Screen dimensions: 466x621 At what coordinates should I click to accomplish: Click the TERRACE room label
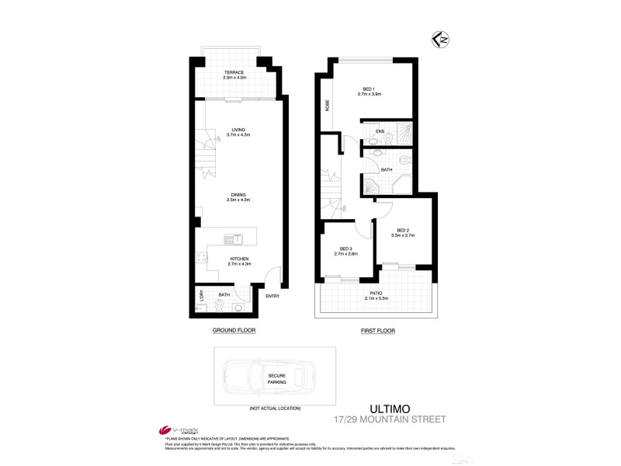pos(234,72)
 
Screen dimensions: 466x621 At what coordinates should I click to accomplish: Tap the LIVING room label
pos(234,130)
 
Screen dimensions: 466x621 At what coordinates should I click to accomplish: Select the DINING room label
pos(234,195)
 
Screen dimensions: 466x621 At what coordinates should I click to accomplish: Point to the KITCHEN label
pos(238,259)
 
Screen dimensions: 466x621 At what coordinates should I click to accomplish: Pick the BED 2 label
pos(402,230)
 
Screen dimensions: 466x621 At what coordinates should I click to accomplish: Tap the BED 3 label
pos(345,249)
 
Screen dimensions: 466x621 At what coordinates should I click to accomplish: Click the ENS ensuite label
pos(380,131)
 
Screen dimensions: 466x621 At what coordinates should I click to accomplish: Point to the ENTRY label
pos(272,296)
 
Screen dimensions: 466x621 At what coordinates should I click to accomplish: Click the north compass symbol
pos(441,37)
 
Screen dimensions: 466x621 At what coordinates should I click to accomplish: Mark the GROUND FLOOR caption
pos(234,330)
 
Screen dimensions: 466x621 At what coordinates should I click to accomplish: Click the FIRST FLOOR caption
pos(377,330)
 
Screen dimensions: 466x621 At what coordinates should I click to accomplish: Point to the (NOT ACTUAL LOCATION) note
pos(275,408)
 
